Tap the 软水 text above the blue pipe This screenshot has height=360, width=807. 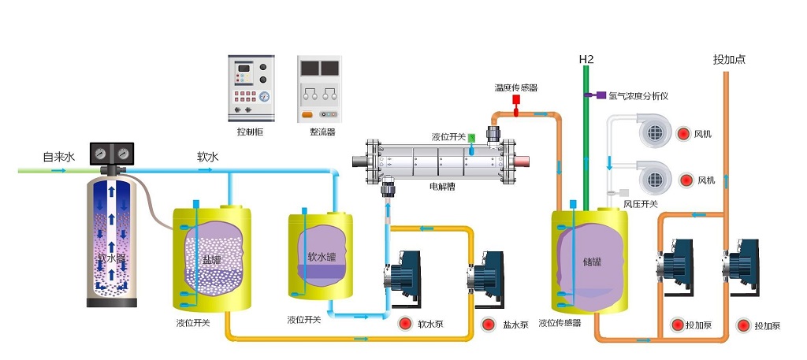[x=208, y=156]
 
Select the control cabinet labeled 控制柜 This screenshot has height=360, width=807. [x=251, y=87]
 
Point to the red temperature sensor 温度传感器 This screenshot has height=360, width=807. [x=516, y=101]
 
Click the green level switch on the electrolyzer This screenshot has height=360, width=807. [x=471, y=138]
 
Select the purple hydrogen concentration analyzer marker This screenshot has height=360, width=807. [x=590, y=95]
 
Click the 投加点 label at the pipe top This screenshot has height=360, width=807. [x=729, y=59]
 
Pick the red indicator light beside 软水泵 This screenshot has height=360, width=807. [x=405, y=323]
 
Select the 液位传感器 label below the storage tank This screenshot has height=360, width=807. [x=560, y=323]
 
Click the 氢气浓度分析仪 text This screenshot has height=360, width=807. [x=638, y=96]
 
